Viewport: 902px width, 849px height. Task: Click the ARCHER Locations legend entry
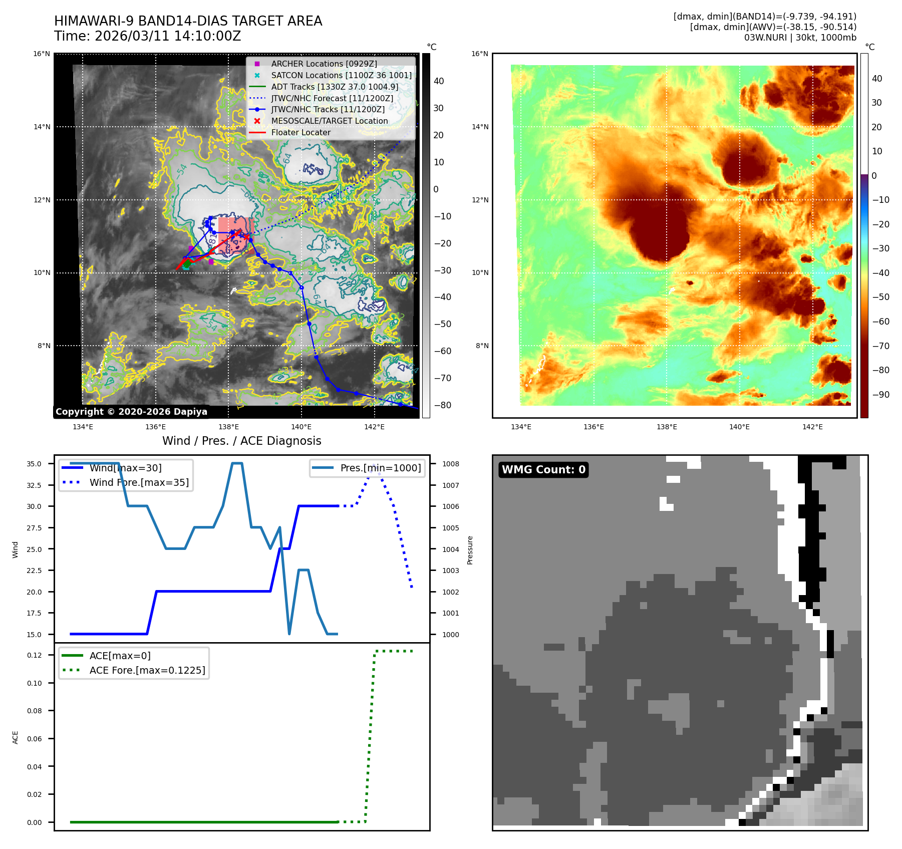324,64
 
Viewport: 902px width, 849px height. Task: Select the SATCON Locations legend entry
341,75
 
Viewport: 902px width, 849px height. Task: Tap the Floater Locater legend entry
300,133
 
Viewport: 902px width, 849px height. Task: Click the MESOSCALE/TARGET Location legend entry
329,121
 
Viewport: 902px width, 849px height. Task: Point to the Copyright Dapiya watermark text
131,412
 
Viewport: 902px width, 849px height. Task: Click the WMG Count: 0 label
543,470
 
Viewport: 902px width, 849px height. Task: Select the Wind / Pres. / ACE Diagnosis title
241,441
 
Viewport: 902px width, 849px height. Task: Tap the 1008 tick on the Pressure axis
450,464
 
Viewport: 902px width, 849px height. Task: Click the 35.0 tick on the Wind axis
34,464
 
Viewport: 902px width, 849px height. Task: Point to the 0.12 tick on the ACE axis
34,655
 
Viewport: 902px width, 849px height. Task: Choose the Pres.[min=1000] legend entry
380,468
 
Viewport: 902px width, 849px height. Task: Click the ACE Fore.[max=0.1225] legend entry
147,670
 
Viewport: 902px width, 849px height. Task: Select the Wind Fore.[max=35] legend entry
139,482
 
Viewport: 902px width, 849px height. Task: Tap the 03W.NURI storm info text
800,38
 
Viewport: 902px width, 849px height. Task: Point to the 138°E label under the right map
667,427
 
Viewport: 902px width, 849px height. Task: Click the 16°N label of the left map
42,54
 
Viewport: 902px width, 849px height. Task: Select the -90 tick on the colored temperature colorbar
880,395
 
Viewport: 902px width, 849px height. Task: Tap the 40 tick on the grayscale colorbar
438,81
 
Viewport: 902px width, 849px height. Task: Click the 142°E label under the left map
374,427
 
